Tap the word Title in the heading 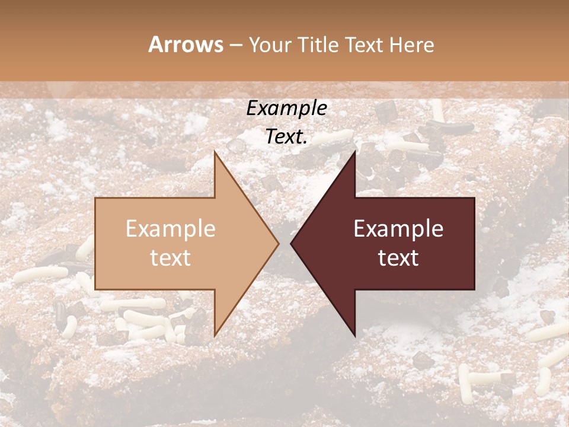[319, 44]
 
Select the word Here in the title [410, 44]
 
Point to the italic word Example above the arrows [287, 108]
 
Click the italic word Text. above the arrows [287, 137]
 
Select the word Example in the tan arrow [171, 229]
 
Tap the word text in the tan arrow [171, 258]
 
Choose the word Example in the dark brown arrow [398, 229]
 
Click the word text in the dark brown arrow [398, 258]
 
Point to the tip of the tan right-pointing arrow [279, 243]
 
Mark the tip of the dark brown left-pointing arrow [290, 243]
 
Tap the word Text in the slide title [365, 44]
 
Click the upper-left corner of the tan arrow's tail [95, 197]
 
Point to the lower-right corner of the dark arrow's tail [474, 289]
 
